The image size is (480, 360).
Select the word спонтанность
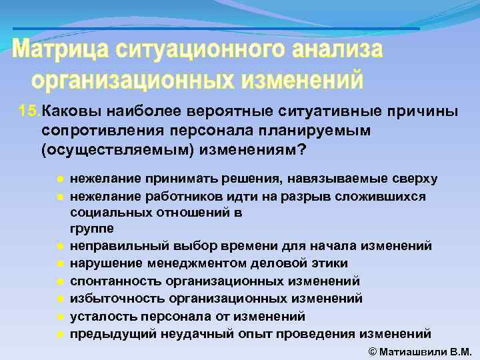(x=113, y=281)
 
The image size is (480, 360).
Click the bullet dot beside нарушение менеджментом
(x=60, y=264)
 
